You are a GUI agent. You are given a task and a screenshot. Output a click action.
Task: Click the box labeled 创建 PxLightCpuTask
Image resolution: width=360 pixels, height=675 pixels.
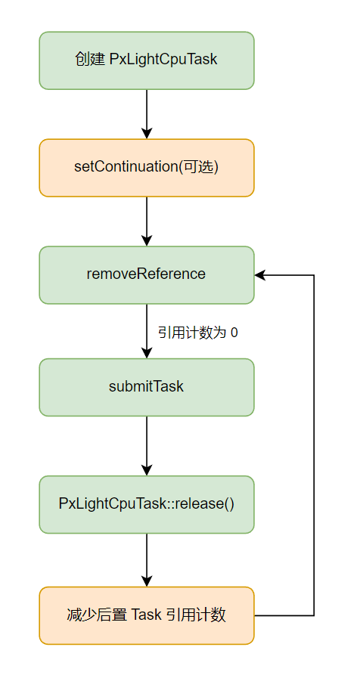pos(146,60)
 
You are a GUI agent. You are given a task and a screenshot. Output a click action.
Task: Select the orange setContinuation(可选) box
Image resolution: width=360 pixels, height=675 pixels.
pos(146,168)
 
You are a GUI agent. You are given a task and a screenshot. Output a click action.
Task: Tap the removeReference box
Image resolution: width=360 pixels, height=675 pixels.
pos(146,274)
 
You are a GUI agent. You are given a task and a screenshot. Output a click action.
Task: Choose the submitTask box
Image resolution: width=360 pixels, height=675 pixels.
pos(146,387)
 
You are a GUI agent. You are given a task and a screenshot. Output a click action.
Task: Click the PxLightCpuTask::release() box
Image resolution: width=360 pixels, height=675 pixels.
pos(146,504)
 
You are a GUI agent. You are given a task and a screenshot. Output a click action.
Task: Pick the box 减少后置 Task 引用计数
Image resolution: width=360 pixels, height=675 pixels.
pos(146,615)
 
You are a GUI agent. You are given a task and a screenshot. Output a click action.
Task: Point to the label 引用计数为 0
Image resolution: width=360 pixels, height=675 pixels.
pos(197,333)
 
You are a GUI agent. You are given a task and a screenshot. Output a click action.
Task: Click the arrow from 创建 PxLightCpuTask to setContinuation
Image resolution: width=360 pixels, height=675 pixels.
pos(147,113)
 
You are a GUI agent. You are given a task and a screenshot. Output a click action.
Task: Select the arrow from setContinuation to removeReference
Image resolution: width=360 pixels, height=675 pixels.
pos(147,221)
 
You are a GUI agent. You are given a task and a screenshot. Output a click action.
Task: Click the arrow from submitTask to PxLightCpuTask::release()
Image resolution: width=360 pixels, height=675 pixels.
pos(147,446)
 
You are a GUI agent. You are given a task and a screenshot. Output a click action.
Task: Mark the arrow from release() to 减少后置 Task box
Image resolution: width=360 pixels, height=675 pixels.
pos(147,559)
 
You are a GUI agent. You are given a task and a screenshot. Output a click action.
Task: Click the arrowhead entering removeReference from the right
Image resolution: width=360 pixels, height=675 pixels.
pos(260,275)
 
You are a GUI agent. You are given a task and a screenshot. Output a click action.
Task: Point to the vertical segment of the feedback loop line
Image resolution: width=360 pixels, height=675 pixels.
pos(314,446)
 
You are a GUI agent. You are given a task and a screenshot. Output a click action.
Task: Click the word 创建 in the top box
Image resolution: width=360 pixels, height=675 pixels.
pos(85,60)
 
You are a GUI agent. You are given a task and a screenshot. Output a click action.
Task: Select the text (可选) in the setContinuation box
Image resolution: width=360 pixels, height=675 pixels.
pos(198,168)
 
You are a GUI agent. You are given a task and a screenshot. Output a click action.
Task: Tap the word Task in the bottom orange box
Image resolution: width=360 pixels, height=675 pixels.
pos(146,615)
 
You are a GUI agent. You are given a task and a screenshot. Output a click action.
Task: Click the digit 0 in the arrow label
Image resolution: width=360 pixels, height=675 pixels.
pos(234,333)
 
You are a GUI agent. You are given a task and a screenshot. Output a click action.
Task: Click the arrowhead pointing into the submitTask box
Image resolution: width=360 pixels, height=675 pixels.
pos(147,352)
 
